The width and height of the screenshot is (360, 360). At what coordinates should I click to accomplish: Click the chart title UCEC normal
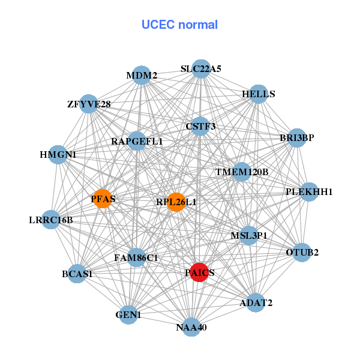179,25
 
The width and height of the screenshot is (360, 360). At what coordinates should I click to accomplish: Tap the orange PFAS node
103,199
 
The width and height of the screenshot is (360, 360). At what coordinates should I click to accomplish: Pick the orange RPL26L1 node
176,202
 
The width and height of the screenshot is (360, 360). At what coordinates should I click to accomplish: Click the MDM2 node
141,76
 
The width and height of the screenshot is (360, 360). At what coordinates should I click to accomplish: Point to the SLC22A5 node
201,69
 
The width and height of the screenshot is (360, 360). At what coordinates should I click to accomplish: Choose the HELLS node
258,94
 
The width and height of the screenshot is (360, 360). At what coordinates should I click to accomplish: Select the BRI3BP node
297,138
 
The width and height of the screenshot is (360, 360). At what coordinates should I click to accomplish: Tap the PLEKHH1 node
308,192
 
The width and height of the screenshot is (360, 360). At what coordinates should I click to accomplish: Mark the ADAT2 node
256,302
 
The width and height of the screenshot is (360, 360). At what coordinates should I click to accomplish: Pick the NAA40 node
191,327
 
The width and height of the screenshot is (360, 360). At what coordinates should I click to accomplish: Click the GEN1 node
128,314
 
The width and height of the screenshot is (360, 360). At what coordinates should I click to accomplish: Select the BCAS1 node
77,274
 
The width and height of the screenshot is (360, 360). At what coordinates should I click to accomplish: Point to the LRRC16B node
51,220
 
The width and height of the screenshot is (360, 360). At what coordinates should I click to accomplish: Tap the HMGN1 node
58,155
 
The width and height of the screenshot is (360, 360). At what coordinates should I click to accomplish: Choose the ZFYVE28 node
89,104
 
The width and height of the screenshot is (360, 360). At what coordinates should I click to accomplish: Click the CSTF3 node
200,126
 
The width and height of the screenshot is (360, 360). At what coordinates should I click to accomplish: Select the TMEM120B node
242,172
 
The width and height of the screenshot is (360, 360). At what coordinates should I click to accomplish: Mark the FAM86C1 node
136,258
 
